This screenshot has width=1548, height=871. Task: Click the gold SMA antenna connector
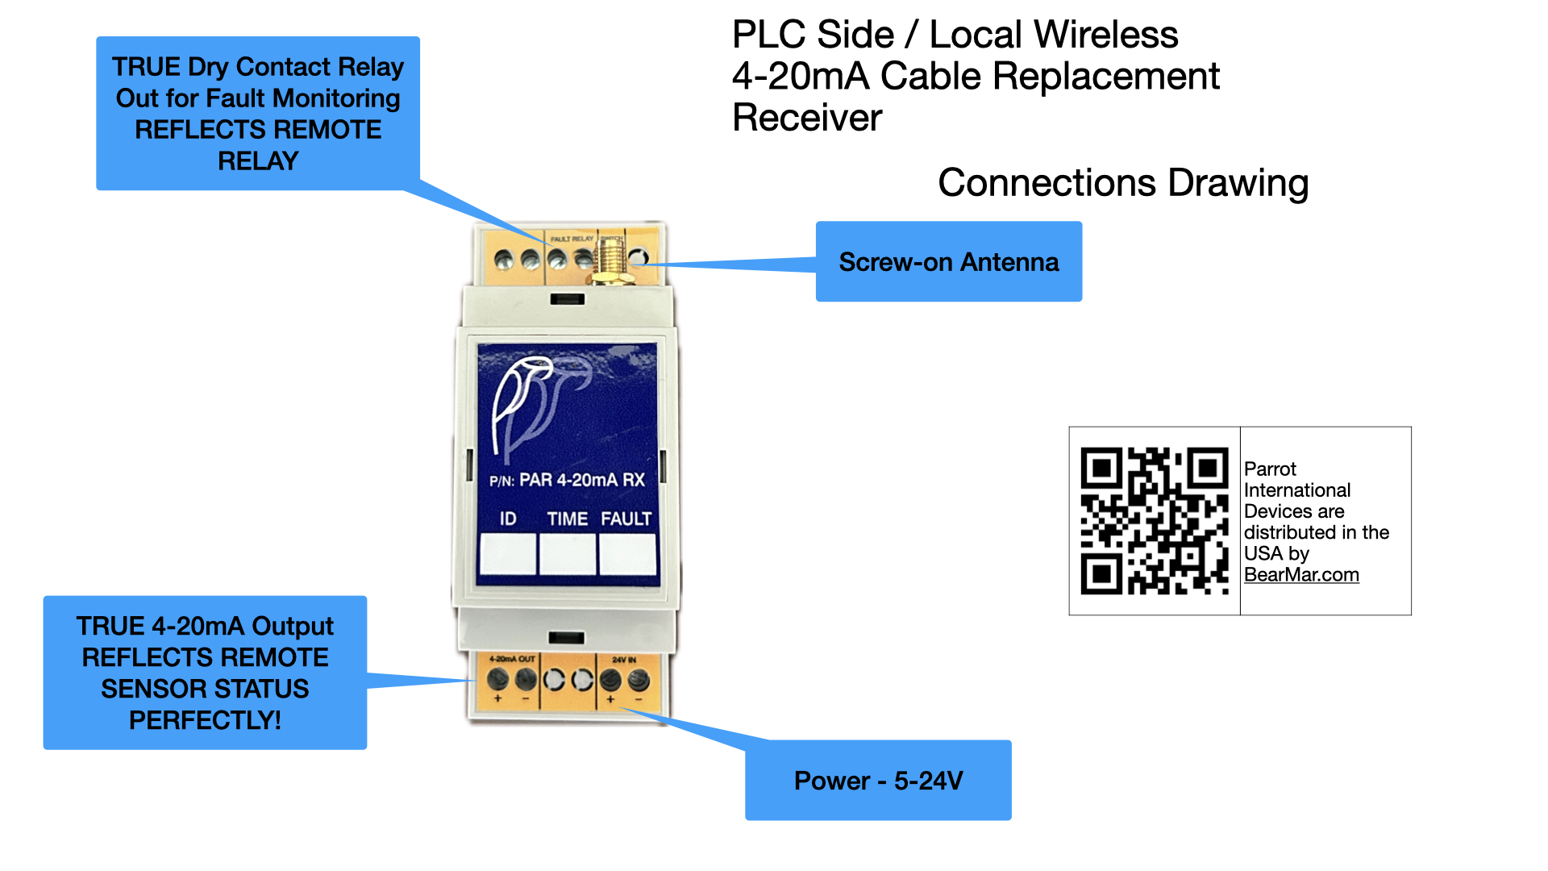click(610, 261)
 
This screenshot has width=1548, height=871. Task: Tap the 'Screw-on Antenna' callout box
click(948, 262)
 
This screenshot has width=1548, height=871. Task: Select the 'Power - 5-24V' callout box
click(878, 780)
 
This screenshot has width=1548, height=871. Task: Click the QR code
click(1154, 521)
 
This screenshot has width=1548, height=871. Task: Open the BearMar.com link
click(1300, 575)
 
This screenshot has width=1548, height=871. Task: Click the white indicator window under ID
click(508, 554)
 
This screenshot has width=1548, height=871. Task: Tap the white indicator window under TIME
click(568, 554)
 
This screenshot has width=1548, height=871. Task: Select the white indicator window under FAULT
click(627, 554)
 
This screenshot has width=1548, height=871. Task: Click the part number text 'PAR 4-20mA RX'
click(581, 481)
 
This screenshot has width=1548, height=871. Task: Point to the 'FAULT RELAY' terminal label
click(572, 240)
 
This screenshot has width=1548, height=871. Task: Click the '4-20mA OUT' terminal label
click(512, 659)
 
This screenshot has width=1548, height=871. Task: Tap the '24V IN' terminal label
click(624, 660)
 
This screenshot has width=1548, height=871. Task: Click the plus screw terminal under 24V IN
click(611, 680)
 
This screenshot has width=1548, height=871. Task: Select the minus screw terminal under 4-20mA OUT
click(526, 680)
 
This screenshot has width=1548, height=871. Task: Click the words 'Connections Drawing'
click(1122, 183)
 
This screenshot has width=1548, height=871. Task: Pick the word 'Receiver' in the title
click(807, 118)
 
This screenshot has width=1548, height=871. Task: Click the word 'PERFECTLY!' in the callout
click(205, 720)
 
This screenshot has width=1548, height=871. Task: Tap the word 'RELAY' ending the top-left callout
click(258, 161)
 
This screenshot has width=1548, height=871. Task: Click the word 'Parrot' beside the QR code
click(1270, 469)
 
